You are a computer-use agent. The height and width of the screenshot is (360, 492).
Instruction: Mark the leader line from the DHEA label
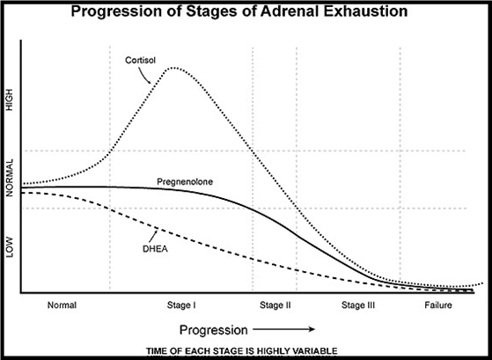coord(153,236)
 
